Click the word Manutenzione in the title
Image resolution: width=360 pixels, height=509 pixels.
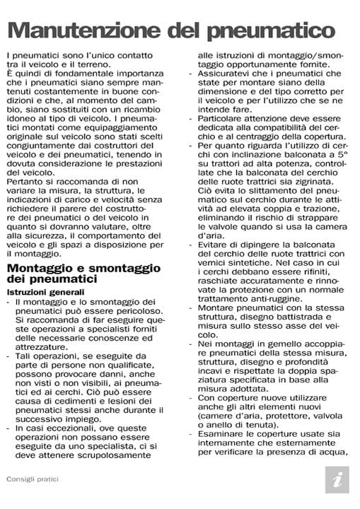click(x=83, y=30)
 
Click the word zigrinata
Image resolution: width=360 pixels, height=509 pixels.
click(x=305, y=182)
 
